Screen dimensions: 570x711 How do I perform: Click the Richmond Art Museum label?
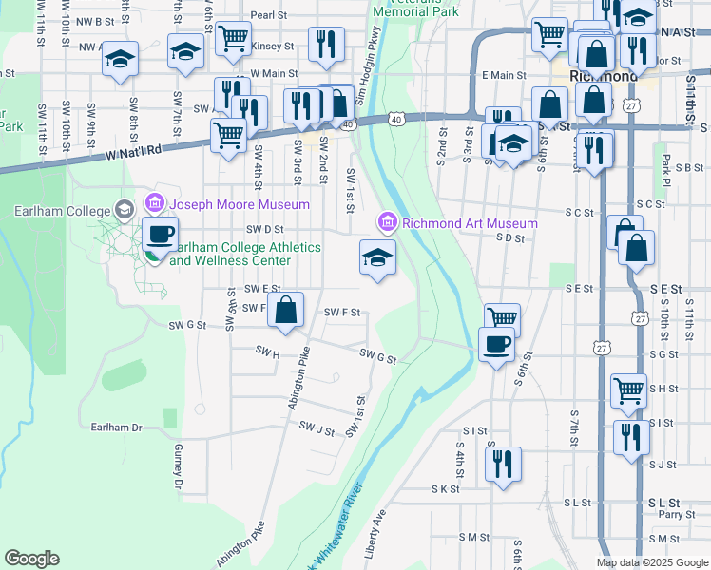[x=470, y=223]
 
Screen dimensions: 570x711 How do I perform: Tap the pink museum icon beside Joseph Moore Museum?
[x=154, y=203]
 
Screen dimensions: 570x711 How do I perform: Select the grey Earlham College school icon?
[x=124, y=209]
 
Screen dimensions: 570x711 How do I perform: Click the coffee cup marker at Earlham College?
[x=160, y=234]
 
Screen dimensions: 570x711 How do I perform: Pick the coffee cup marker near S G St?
[x=496, y=343]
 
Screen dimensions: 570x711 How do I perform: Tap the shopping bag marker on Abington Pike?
[x=285, y=310]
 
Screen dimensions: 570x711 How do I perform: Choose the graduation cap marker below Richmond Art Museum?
[x=377, y=256]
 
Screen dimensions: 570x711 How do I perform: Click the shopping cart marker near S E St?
[x=501, y=318]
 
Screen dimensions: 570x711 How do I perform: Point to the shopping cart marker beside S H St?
[x=628, y=389]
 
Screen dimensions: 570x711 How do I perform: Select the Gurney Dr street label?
[x=178, y=466]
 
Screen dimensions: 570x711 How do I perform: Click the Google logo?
[x=31, y=559]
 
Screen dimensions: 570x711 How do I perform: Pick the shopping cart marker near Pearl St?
[x=233, y=39]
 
